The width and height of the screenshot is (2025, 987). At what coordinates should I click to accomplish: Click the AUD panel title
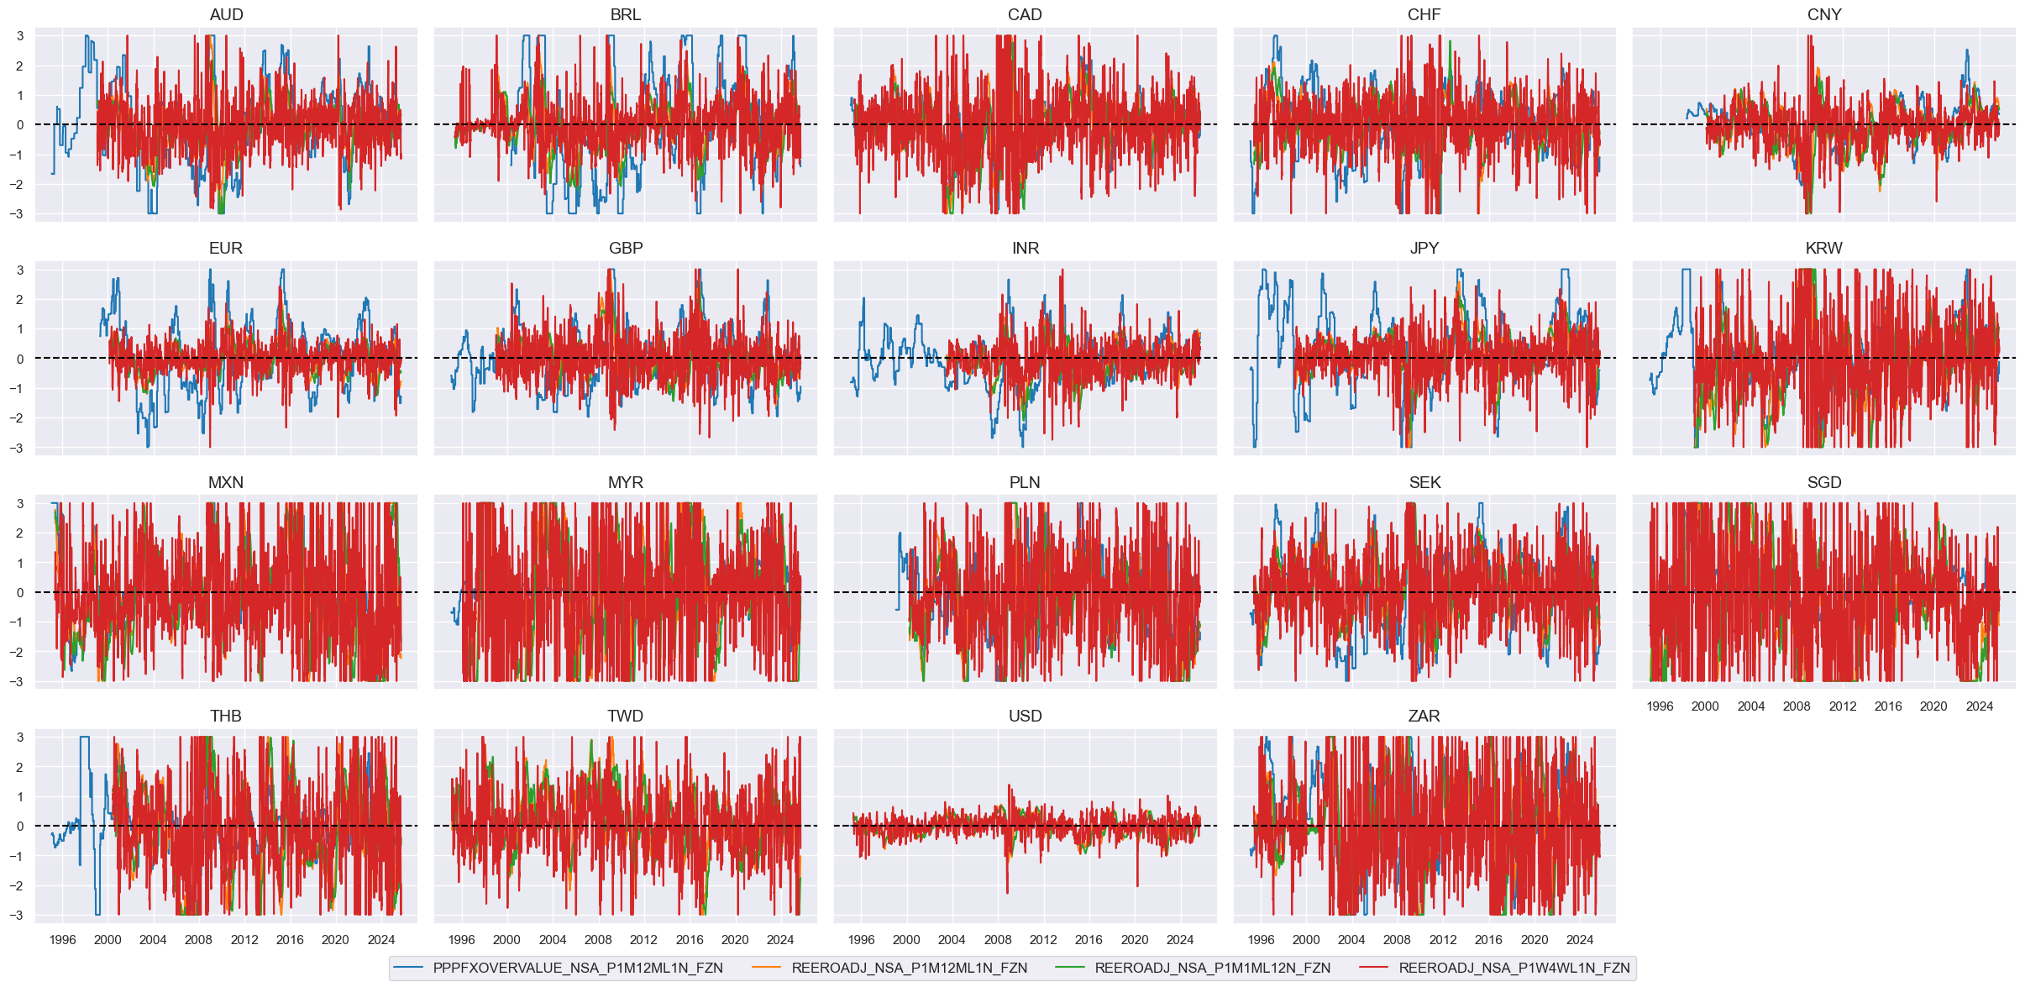[x=226, y=14]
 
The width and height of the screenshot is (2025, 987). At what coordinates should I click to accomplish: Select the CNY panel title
[x=1823, y=14]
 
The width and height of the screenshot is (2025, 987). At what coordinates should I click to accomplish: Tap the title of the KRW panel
[x=1823, y=248]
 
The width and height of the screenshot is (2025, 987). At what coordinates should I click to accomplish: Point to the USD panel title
[x=1025, y=716]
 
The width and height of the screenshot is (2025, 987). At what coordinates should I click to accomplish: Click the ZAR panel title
[x=1424, y=716]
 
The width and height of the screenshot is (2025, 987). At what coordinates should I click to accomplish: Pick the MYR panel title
[x=625, y=482]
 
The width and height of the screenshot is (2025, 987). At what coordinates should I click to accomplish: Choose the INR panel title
[x=1025, y=248]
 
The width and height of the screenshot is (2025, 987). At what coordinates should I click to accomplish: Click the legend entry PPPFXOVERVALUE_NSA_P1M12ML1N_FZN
[x=577, y=968]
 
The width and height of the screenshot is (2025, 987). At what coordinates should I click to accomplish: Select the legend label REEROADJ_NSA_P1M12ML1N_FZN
[x=909, y=968]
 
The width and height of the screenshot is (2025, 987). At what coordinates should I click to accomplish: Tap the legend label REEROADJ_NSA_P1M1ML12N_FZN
[x=1212, y=968]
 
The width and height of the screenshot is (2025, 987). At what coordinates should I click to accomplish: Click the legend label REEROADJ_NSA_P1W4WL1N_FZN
[x=1514, y=968]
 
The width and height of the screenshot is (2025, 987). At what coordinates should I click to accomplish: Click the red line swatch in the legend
[x=1373, y=968]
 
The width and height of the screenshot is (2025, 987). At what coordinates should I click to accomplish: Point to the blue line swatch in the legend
[x=407, y=968]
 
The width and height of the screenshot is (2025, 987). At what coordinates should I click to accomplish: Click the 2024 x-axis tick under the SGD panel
[x=1979, y=706]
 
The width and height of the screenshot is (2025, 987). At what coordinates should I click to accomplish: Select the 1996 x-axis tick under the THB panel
[x=62, y=940]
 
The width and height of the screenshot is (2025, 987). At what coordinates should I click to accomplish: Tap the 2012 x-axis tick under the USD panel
[x=1043, y=940]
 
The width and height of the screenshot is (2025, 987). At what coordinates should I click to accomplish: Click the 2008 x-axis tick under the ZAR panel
[x=1397, y=940]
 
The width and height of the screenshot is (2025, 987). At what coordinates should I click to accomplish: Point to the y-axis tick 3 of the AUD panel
[x=20, y=36]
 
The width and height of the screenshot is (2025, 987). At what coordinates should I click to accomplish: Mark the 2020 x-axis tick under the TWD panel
[x=735, y=940]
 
